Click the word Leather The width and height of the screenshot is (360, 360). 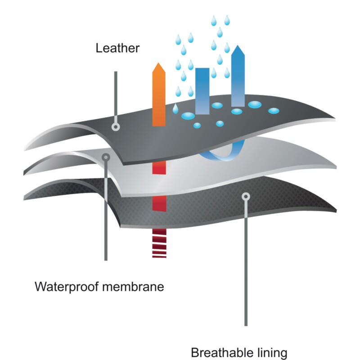pos(117,48)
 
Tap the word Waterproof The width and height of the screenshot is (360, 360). pos(67,287)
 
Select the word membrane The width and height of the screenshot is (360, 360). pos(133,287)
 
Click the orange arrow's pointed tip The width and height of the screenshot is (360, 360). pos(159,63)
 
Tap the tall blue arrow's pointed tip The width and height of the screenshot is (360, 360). pos(238,45)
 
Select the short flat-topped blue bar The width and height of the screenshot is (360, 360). pos(202,91)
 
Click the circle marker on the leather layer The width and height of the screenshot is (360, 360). pos(116,127)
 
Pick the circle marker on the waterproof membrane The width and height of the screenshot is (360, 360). pos(106,157)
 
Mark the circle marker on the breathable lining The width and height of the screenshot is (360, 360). pos(246,197)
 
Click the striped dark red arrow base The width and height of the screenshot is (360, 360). pos(159,243)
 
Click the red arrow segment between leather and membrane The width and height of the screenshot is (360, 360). pos(159,167)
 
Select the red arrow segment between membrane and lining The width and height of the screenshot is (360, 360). pos(159,203)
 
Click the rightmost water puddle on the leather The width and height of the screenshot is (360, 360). pos(274,111)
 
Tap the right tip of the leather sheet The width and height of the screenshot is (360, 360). pos(335,119)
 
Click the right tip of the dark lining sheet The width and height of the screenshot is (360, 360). pos(336,211)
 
